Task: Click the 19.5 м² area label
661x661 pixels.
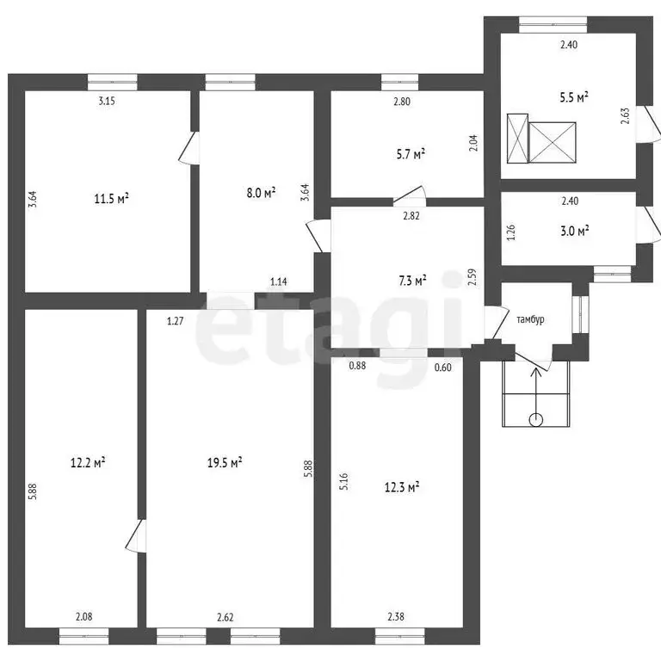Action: coord(225,462)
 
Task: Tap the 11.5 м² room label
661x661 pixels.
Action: coord(111,198)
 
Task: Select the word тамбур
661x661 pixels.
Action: coord(530,319)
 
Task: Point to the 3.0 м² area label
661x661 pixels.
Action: coord(575,231)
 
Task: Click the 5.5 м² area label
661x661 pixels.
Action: coord(574,97)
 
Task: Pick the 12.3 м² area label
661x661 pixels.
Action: coord(402,487)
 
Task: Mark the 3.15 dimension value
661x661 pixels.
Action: coord(107,101)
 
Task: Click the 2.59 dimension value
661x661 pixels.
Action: coord(473,277)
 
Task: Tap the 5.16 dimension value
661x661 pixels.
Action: coord(344,481)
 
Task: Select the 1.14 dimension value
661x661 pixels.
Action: coord(279,281)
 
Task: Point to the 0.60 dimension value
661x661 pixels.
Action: coord(443,368)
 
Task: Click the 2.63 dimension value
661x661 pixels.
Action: coord(625,116)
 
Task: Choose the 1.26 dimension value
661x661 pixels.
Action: coord(511,232)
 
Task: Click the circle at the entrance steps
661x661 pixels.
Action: coord(536,419)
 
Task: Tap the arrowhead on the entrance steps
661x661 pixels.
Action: coord(536,372)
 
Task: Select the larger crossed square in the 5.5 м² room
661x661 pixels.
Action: coord(553,143)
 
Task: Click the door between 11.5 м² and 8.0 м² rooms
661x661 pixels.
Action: coord(188,147)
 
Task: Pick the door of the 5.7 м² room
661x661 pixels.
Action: coord(410,196)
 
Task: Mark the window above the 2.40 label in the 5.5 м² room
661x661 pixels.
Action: coord(553,25)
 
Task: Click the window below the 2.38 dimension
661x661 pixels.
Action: coord(399,636)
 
